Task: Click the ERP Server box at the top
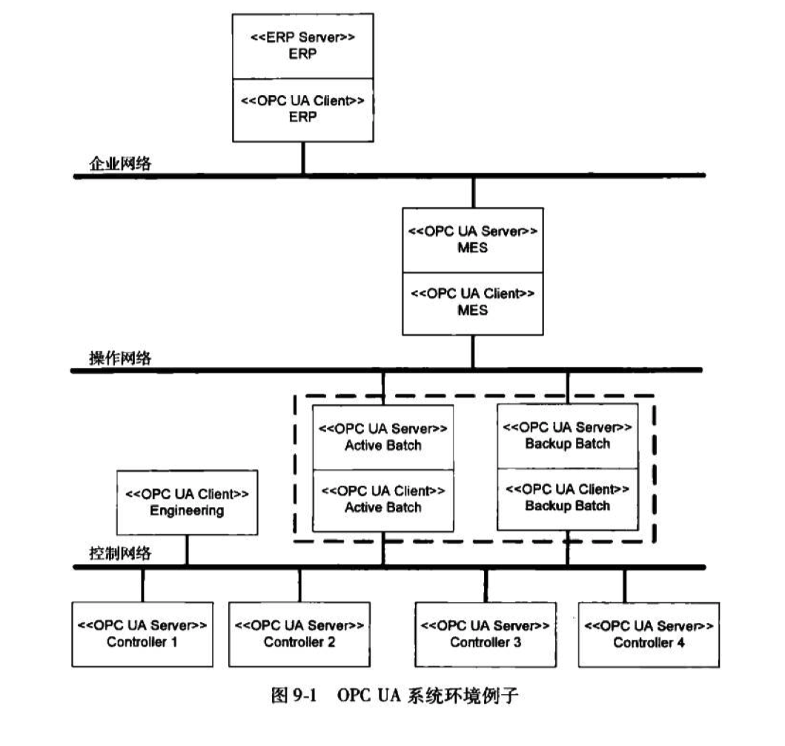302,46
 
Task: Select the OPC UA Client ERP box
302,109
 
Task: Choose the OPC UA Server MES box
472,240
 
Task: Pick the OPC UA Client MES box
472,302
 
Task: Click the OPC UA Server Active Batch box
382,437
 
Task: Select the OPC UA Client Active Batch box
382,500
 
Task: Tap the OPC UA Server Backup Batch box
567,435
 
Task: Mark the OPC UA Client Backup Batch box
567,498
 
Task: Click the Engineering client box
187,502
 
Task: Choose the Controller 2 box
299,633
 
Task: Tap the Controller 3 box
486,633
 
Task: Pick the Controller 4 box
649,633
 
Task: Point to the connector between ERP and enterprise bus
302,158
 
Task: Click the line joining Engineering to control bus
187,550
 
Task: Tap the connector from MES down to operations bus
472,351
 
